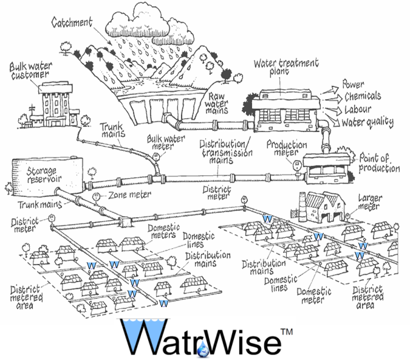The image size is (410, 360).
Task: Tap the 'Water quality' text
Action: tap(367, 122)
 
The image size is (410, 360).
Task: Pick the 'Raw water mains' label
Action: tap(219, 103)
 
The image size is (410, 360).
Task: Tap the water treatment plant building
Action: tap(285, 107)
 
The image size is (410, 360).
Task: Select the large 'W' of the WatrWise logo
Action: tap(141, 337)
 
